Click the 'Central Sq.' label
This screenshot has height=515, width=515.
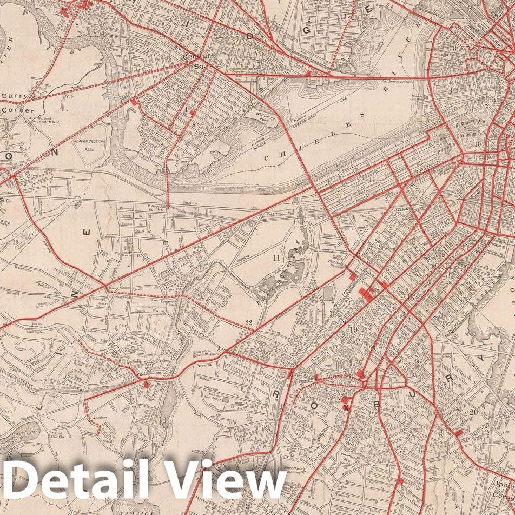[x=195, y=60]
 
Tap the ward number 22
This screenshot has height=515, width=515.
[x=248, y=323]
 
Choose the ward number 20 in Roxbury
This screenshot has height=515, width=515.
[x=473, y=412]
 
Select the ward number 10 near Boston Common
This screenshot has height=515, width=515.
[x=477, y=144]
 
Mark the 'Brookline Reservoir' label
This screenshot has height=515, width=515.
[x=22, y=427]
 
